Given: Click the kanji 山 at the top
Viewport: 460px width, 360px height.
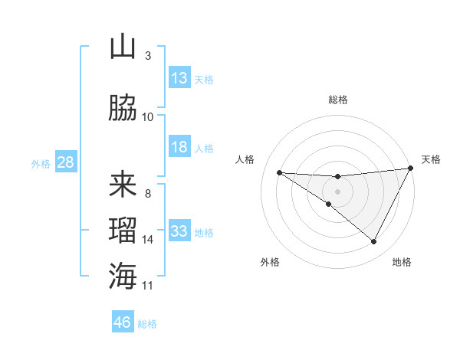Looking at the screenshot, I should pyautogui.click(x=123, y=47).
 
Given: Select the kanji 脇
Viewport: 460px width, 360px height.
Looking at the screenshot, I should pyautogui.click(x=123, y=109).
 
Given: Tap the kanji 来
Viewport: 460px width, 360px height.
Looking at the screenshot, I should pyautogui.click(x=123, y=185).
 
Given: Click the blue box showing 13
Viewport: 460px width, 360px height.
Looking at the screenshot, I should pyautogui.click(x=179, y=79).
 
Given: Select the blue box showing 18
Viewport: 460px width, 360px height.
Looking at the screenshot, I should pyautogui.click(x=179, y=147).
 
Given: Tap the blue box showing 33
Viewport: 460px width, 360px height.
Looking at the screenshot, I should pyautogui.click(x=179, y=231).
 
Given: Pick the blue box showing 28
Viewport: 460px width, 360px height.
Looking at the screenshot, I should pyautogui.click(x=65, y=163).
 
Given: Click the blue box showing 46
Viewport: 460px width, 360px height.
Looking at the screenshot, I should pyautogui.click(x=123, y=322).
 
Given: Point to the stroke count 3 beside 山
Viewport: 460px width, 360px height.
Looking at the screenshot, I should pyautogui.click(x=148, y=56).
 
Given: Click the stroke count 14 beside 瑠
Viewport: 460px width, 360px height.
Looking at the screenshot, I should pyautogui.click(x=148, y=240).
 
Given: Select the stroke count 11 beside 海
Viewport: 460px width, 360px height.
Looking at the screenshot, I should pyautogui.click(x=148, y=286).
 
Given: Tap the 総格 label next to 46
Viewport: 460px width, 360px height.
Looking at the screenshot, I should pyautogui.click(x=147, y=324).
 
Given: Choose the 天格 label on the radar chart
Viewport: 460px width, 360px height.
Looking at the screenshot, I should pyautogui.click(x=431, y=159).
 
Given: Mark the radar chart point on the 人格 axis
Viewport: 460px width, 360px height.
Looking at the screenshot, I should pyautogui.click(x=279, y=172).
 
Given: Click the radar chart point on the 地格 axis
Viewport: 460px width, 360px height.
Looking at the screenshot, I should pyautogui.click(x=373, y=242).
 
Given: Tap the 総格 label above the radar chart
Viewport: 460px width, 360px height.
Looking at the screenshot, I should pyautogui.click(x=337, y=100).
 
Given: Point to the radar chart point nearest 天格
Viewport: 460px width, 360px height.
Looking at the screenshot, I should pyautogui.click(x=411, y=169).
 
